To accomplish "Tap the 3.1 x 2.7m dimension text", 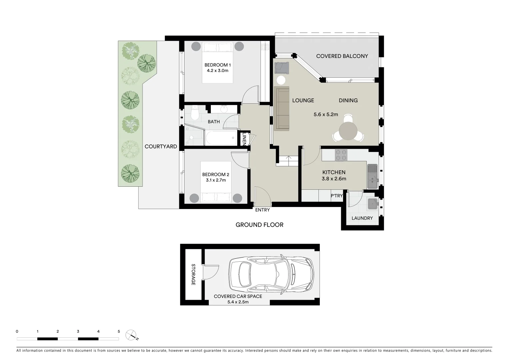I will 216,180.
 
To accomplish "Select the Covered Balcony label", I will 342,56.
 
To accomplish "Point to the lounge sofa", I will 281,108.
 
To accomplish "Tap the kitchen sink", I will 372,176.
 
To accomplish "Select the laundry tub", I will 372,204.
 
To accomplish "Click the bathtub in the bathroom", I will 221,138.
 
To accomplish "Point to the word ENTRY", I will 262,210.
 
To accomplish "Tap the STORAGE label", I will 193,275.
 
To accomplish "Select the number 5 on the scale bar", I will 119,332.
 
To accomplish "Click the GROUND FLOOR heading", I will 259,225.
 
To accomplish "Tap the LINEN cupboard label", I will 244,139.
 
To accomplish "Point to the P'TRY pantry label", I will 336,196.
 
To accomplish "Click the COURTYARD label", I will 161,147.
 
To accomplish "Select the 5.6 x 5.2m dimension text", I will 325,115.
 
